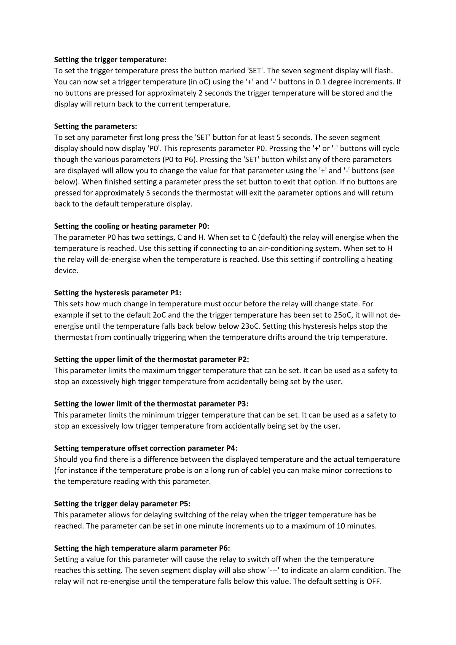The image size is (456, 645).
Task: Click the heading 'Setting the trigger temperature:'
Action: pyautogui.click(x=110, y=60)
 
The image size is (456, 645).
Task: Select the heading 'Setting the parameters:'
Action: pyautogui.click(x=95, y=126)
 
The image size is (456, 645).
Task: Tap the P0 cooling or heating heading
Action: pyautogui.click(x=132, y=226)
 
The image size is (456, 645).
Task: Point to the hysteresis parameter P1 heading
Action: pyautogui.click(x=118, y=293)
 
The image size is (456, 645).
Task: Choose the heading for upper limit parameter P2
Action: pyautogui.click(x=151, y=360)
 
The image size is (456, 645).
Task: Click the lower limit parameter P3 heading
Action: pyautogui.click(x=151, y=404)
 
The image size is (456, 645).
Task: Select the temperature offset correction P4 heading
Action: pyautogui.click(x=146, y=448)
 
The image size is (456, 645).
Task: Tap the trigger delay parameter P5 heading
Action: pyautogui.click(x=122, y=504)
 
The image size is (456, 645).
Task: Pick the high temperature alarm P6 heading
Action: pyautogui.click(x=142, y=548)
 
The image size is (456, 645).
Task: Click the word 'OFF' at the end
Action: pyautogui.click(x=374, y=582)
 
